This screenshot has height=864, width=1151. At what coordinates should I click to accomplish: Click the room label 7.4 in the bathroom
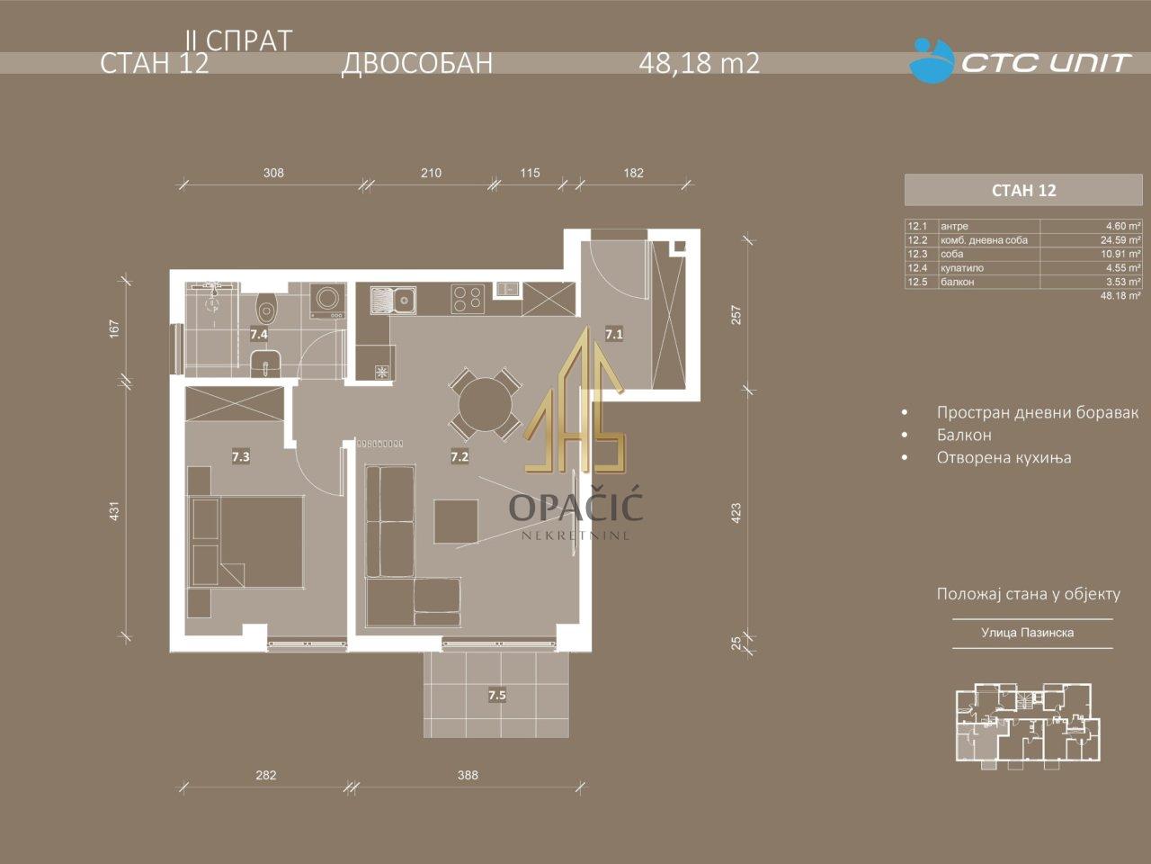click(x=258, y=334)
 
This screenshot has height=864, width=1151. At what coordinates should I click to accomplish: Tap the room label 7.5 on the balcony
click(x=497, y=696)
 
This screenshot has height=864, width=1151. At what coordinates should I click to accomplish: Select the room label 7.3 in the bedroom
click(x=241, y=457)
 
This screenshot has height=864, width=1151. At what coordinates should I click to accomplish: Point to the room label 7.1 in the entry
click(x=614, y=334)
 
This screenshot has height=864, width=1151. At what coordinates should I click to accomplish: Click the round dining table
click(x=485, y=404)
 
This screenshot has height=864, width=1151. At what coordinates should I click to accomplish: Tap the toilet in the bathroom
click(x=267, y=310)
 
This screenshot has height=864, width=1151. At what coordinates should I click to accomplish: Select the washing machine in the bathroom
click(x=327, y=301)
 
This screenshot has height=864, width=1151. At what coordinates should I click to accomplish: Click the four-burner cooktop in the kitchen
click(x=468, y=300)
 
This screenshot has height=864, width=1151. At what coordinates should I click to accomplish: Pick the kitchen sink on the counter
click(x=393, y=300)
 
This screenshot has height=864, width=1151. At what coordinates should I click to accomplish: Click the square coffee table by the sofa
click(x=456, y=521)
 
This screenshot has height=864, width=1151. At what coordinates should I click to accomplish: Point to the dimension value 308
click(x=273, y=173)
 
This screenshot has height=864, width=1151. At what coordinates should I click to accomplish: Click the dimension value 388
click(x=468, y=775)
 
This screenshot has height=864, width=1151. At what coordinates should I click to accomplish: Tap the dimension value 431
click(x=114, y=511)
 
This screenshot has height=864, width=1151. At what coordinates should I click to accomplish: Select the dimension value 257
click(x=736, y=315)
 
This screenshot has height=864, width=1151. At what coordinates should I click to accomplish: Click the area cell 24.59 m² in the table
click(x=1120, y=240)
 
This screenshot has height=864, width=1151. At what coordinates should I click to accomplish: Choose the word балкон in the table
click(x=958, y=282)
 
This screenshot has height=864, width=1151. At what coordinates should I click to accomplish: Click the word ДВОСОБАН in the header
click(x=417, y=63)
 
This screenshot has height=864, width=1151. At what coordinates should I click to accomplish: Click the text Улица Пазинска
click(x=1028, y=633)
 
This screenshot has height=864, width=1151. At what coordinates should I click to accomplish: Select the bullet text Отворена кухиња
click(x=1004, y=457)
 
